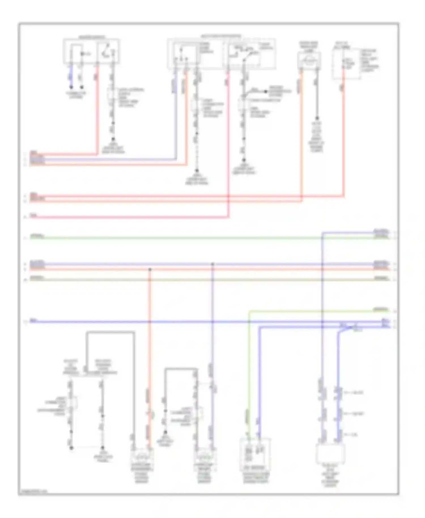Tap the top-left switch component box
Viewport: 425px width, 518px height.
pos(91,51)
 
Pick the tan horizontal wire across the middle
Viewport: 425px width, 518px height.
pos(198,280)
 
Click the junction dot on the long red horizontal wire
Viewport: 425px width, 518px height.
pos(150,269)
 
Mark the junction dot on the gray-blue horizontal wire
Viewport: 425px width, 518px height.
pos(212,264)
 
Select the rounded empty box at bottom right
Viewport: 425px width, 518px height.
pos(330,453)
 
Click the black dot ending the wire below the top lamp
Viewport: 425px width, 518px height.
pos(317,118)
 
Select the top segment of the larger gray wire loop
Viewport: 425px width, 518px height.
pos(110,332)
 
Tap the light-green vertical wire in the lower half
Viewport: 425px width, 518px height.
pos(249,368)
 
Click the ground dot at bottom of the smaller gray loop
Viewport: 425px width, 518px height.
pos(165,433)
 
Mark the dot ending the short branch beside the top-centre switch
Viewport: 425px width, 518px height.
pos(266,92)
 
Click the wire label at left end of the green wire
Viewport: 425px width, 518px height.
pos(37,236)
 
